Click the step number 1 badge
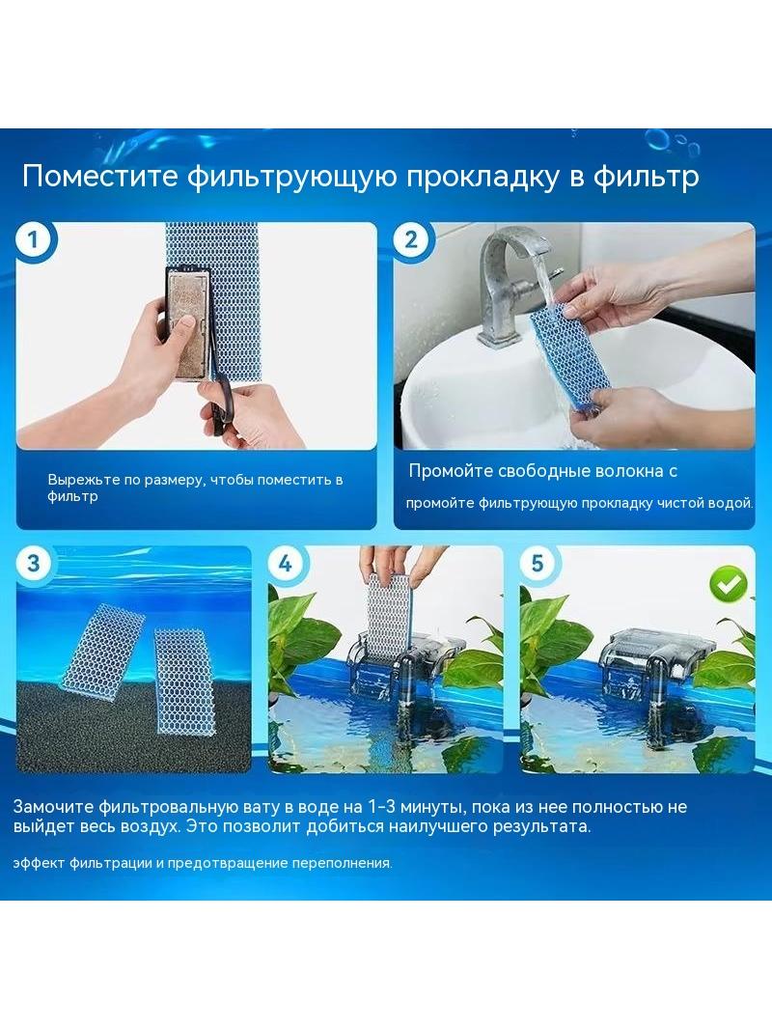(33, 240)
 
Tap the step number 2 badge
(410, 240)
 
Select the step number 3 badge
(33, 563)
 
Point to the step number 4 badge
(285, 563)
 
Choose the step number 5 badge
(538, 563)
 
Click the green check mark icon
(729, 584)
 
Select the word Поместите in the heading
(100, 177)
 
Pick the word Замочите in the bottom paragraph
(53, 807)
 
